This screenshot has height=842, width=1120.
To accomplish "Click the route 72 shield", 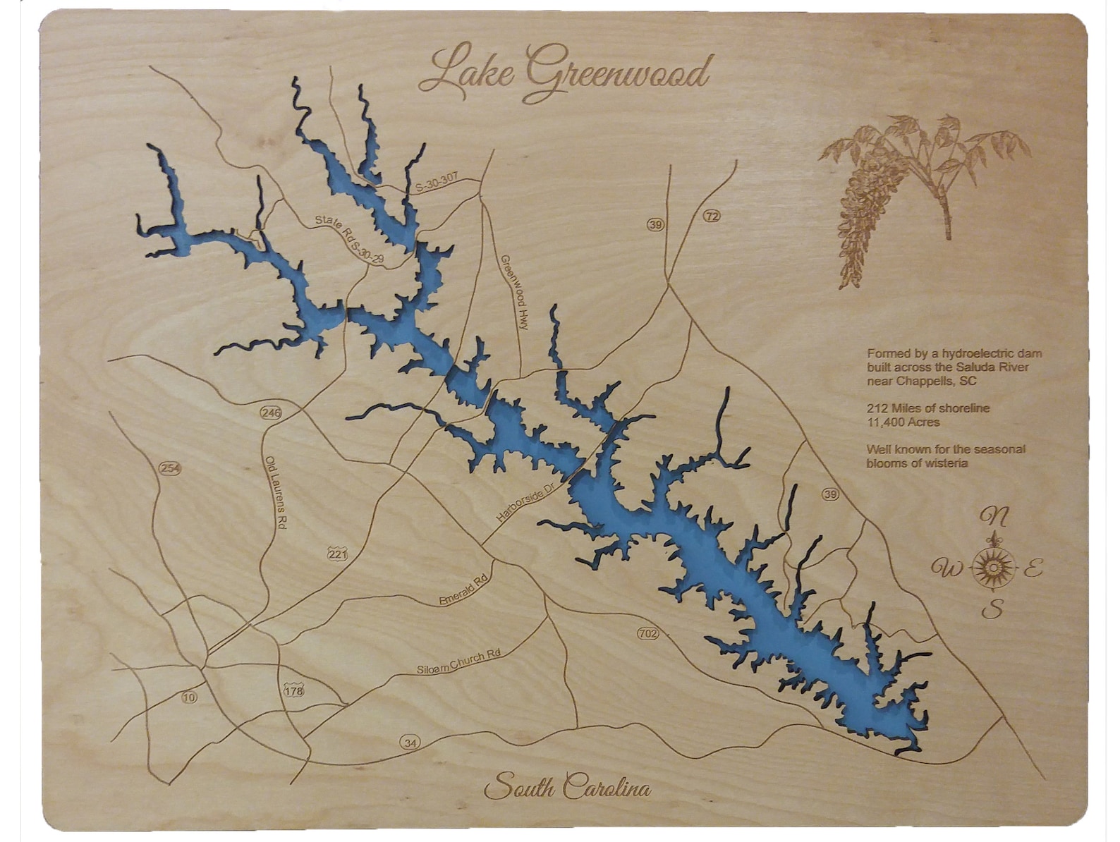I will pyautogui.click(x=712, y=216).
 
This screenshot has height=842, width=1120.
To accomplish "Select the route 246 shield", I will pyautogui.click(x=270, y=412).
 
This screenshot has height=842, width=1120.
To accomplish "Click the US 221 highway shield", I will pyautogui.click(x=337, y=554).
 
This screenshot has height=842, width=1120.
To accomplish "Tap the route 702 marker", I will pyautogui.click(x=647, y=633).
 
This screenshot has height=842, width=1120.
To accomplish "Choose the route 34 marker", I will pyautogui.click(x=410, y=742).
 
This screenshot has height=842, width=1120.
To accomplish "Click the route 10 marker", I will pyautogui.click(x=188, y=697).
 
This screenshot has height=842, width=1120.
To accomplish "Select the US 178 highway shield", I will pyautogui.click(x=293, y=690).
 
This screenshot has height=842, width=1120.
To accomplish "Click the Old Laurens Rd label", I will pyautogui.click(x=276, y=492).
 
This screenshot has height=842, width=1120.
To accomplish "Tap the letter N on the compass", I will pyautogui.click(x=994, y=517).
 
